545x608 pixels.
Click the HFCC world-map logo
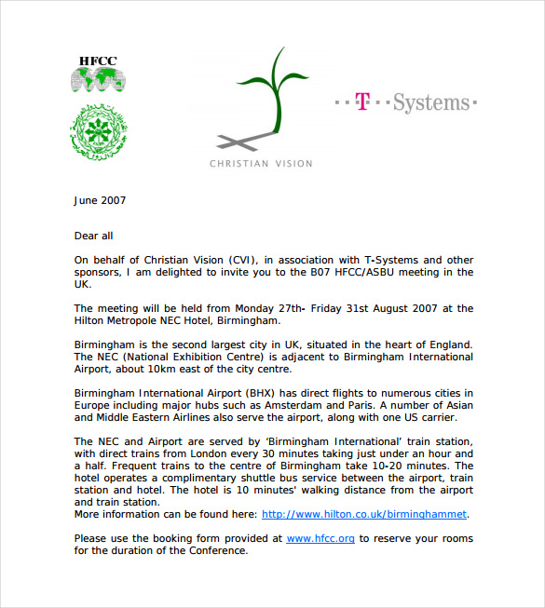tap(98, 75)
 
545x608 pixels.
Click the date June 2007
tap(100, 200)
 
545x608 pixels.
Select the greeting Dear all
tap(93, 236)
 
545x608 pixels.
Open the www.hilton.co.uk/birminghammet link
tap(364, 514)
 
